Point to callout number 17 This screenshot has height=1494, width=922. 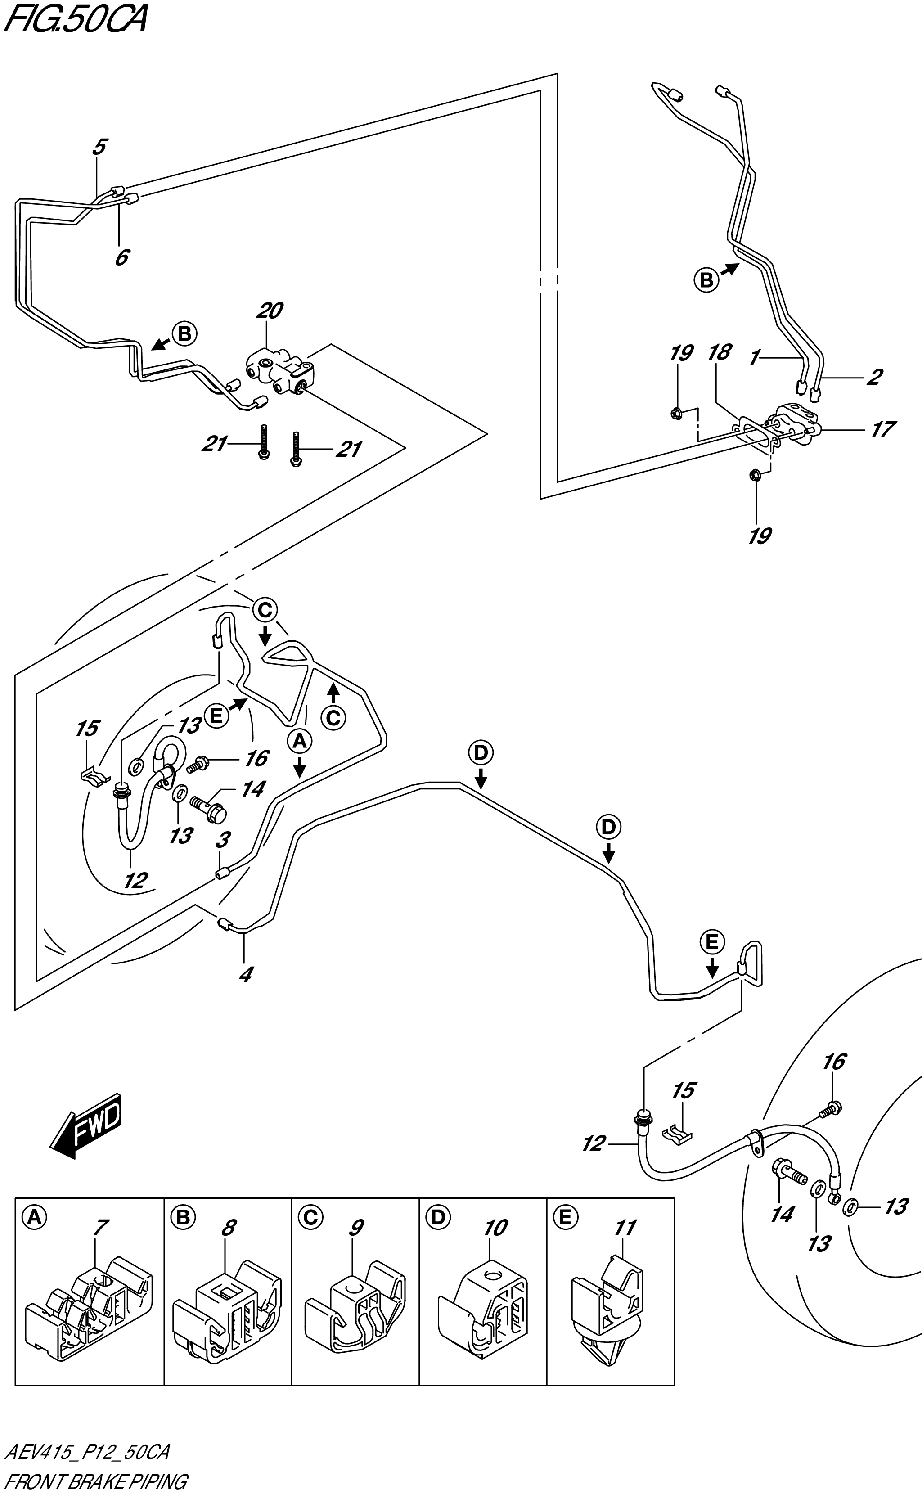(882, 429)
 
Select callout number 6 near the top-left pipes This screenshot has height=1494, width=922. (122, 257)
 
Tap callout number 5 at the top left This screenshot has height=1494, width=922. (100, 147)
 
